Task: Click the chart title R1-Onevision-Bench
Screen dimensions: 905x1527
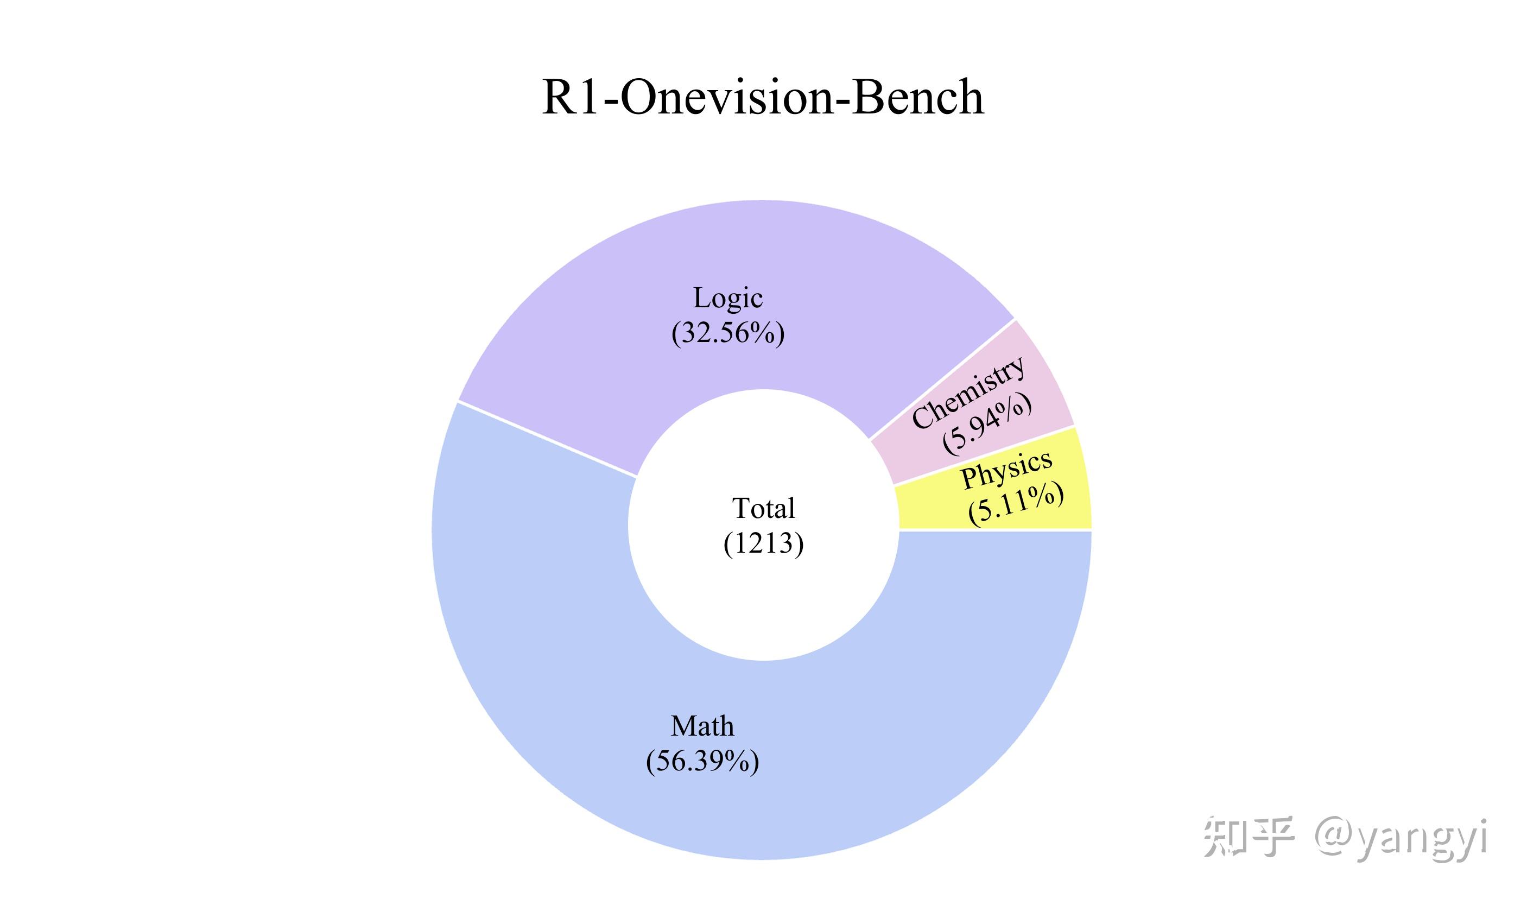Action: pyautogui.click(x=763, y=98)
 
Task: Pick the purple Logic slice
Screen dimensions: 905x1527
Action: pyautogui.click(x=610, y=341)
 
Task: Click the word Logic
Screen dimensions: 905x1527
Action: pyautogui.click(x=728, y=298)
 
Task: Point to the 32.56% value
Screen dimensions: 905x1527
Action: pyautogui.click(x=728, y=333)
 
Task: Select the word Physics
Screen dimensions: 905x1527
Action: pyautogui.click(x=1006, y=469)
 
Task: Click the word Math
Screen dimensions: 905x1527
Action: pyautogui.click(x=702, y=726)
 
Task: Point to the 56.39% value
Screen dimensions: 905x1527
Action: pyautogui.click(x=702, y=761)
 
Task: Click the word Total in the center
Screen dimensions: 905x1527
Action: pyautogui.click(x=763, y=509)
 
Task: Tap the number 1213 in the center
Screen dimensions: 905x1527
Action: pyautogui.click(x=763, y=543)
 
